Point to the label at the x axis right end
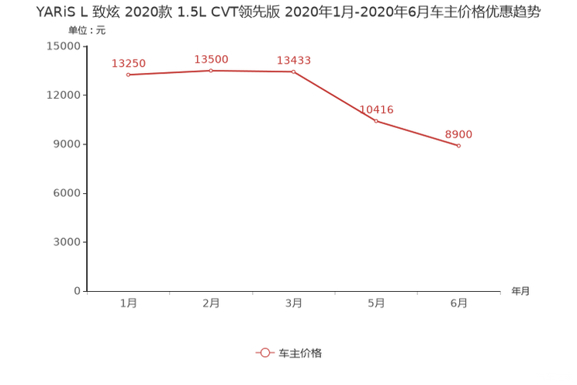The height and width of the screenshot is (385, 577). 520,292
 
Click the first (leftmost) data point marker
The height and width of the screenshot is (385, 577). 128,75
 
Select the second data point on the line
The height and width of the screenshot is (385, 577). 210,71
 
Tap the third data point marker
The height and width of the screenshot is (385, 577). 293,71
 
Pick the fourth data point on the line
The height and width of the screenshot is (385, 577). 375,120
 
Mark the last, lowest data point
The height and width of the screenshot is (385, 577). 459,146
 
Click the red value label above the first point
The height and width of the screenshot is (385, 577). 128,62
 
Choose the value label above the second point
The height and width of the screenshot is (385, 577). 211,58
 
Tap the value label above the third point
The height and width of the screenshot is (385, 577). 294,60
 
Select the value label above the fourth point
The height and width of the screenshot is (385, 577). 377,109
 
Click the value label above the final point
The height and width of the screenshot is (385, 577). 459,134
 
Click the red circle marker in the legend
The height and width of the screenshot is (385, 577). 264,352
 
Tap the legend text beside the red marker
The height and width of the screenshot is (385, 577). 300,352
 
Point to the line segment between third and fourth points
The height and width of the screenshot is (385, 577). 334,96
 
